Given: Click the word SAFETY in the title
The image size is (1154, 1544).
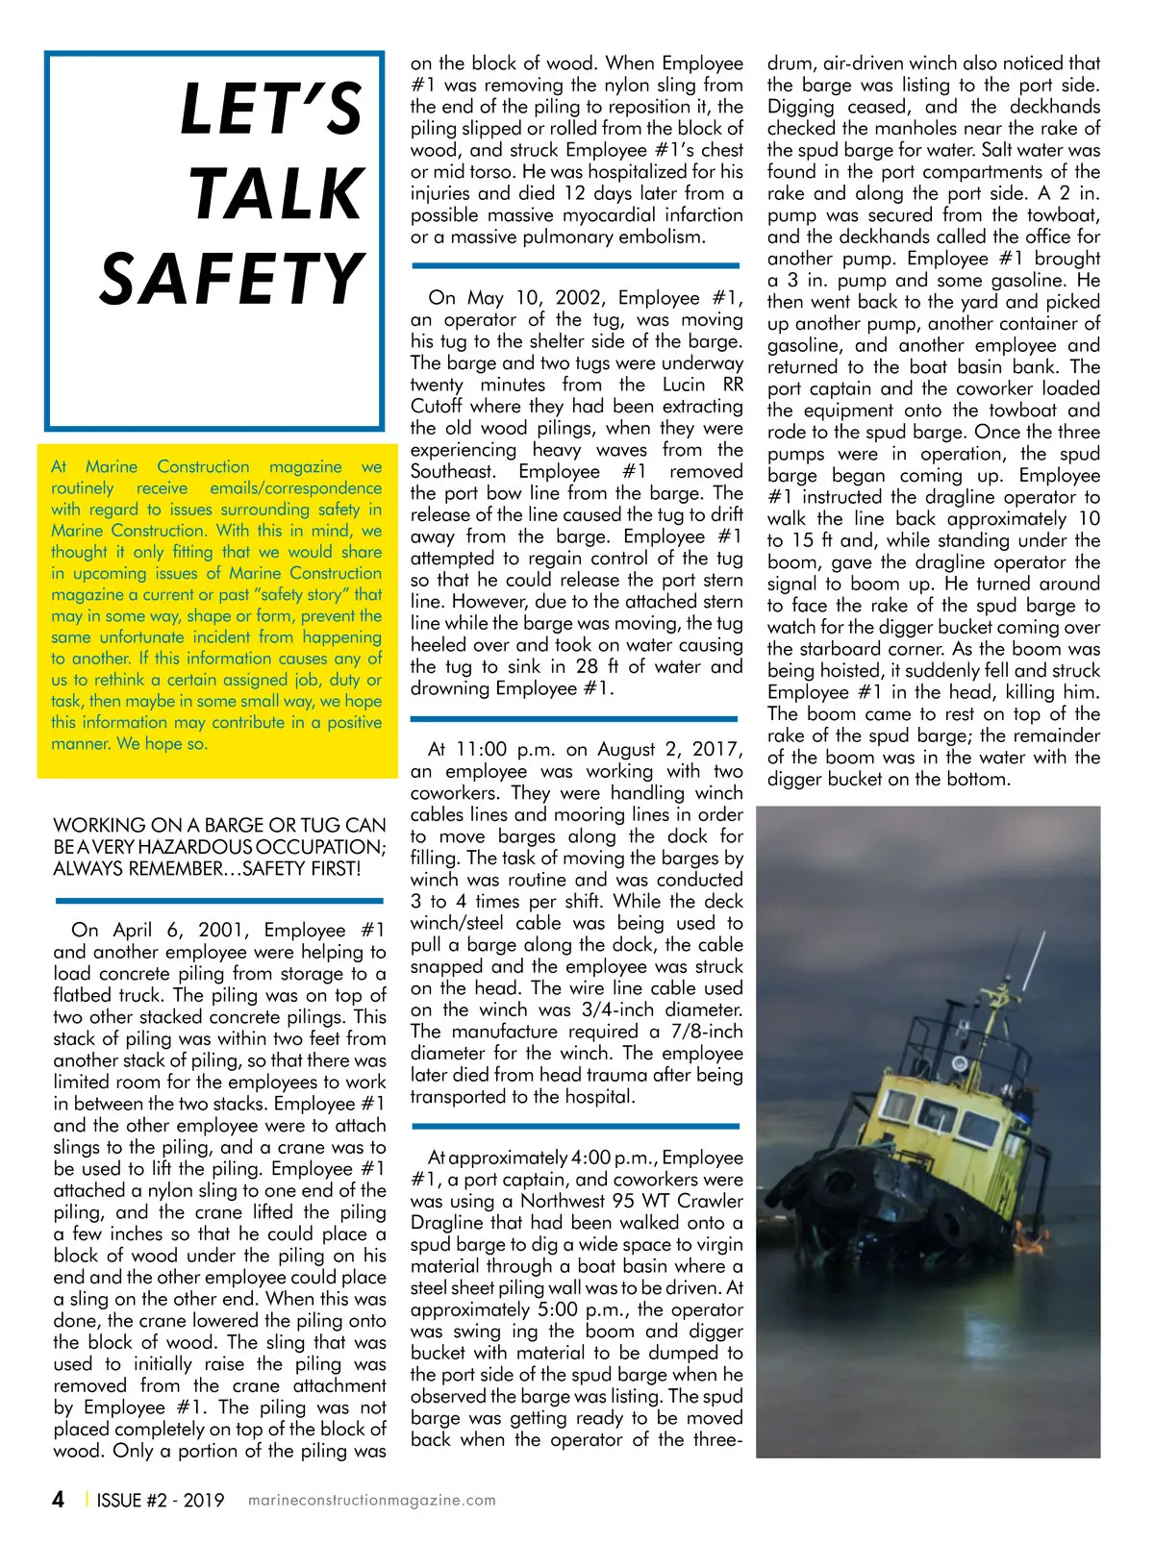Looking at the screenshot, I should [232, 280].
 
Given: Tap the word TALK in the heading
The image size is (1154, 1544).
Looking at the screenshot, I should [276, 195].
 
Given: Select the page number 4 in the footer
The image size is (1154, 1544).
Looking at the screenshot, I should [59, 1500].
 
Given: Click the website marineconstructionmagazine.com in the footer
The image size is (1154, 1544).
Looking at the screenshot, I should [372, 1500].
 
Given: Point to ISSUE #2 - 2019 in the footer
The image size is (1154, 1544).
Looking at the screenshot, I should [160, 1500].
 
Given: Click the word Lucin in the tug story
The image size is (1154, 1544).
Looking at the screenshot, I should [684, 385].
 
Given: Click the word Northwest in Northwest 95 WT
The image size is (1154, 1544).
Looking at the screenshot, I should [565, 1201].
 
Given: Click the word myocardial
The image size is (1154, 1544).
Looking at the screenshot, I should [617, 215].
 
